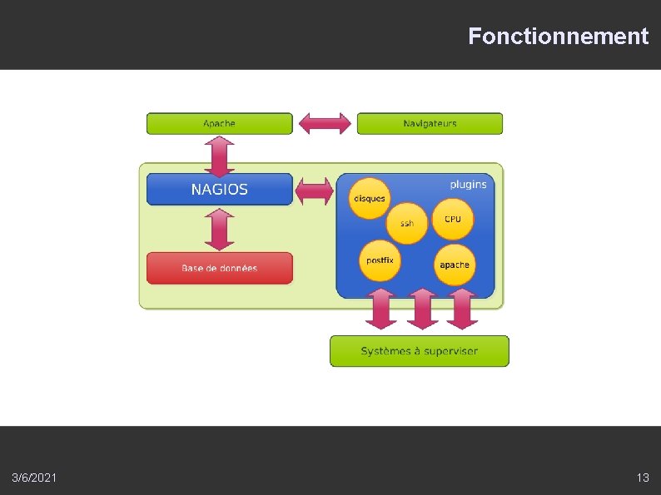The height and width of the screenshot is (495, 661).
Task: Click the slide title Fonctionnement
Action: [557, 37]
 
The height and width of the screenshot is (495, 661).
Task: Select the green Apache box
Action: [220, 124]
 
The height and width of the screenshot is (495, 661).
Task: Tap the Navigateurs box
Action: [430, 124]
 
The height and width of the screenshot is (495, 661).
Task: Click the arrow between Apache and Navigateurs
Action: [325, 123]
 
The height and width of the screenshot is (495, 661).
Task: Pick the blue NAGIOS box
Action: [220, 189]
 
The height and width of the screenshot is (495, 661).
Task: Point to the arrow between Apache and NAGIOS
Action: [220, 154]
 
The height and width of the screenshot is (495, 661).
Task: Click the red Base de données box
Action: [220, 268]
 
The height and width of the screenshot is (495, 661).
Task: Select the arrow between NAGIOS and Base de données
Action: [220, 229]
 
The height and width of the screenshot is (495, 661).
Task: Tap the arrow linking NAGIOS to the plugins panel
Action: [315, 190]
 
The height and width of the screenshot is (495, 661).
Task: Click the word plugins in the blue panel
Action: [468, 184]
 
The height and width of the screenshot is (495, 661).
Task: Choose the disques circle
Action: [370, 198]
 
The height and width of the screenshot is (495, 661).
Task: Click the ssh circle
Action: [407, 223]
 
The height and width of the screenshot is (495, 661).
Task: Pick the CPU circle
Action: [452, 219]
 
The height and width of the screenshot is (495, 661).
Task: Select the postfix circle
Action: [380, 261]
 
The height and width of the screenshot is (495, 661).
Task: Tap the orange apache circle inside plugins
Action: [455, 265]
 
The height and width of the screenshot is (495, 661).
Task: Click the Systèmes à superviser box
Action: [419, 351]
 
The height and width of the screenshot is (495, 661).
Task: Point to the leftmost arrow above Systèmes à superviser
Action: [381, 309]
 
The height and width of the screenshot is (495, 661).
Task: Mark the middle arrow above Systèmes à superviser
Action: [422, 309]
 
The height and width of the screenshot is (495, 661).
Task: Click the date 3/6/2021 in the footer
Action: [35, 478]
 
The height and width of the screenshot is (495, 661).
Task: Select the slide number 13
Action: [642, 478]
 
